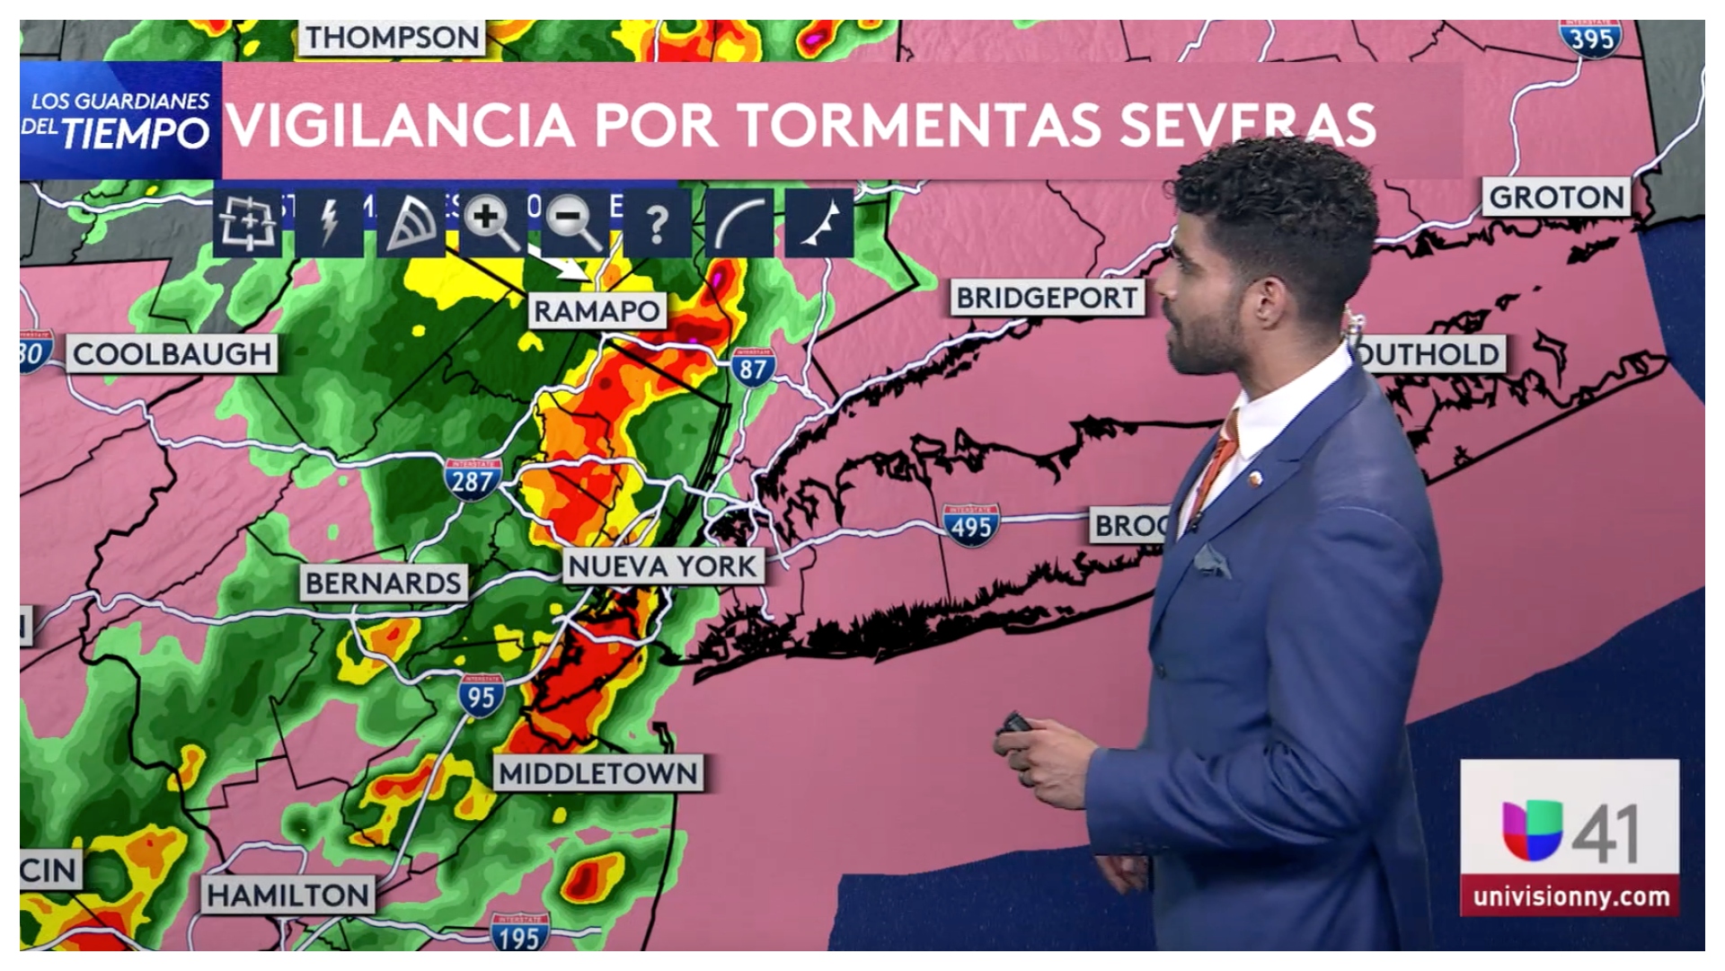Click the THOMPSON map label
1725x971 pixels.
coord(392,38)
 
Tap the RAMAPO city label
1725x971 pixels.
coord(597,311)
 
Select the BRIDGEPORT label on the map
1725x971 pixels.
coord(1047,298)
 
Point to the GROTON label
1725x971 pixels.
coord(1556,197)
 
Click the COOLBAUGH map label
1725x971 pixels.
coord(172,354)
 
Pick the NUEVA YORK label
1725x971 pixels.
coord(663,566)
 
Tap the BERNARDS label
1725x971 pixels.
coord(384,583)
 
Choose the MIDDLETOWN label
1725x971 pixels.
coord(598,773)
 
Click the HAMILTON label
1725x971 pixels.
coord(287,895)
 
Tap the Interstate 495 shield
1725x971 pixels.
coord(971,526)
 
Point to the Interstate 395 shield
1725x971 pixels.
coord(1591,38)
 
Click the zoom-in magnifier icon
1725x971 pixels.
coord(490,222)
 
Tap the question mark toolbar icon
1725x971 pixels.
coord(657,223)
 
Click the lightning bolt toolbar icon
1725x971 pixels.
coord(330,222)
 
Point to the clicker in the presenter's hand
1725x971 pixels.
coord(1015,723)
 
